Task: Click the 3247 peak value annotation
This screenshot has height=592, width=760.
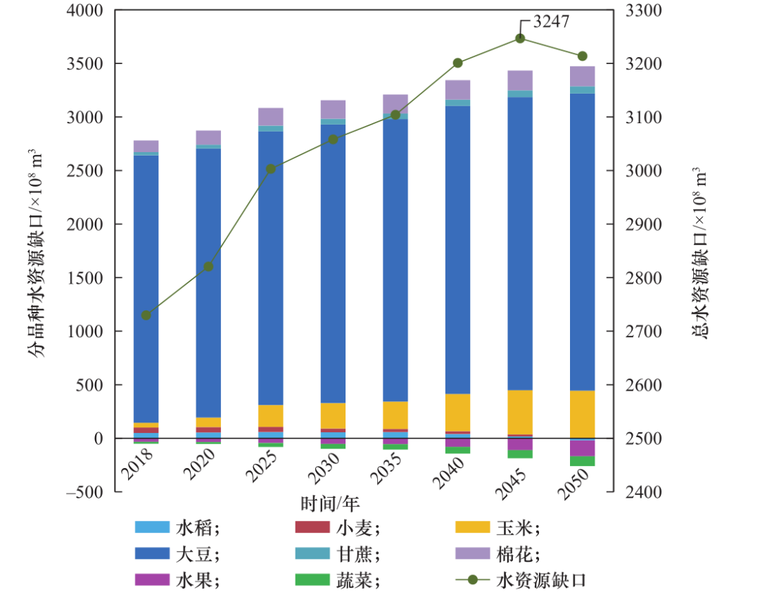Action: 551,21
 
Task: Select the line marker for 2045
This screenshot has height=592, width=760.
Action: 520,38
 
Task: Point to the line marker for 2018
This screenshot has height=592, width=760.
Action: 146,315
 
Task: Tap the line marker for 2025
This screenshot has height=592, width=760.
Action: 271,168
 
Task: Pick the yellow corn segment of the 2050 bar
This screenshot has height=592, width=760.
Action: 582,413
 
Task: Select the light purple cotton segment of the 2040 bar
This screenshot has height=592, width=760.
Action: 457,89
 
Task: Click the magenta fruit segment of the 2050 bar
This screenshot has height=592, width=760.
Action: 582,448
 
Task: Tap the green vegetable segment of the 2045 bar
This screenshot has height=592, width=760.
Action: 520,454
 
